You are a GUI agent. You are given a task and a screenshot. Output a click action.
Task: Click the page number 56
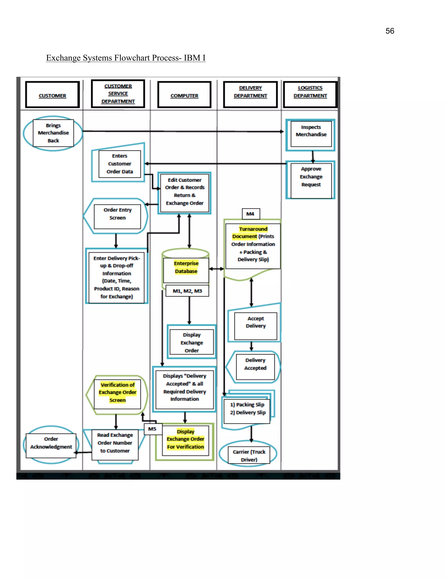[x=390, y=31]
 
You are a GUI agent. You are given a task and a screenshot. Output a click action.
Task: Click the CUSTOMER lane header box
[x=52, y=95]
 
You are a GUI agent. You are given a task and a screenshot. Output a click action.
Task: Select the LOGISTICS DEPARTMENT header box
[x=310, y=94]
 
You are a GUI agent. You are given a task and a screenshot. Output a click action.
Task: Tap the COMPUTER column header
[x=184, y=95]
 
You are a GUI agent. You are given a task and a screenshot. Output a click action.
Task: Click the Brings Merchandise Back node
[x=53, y=133]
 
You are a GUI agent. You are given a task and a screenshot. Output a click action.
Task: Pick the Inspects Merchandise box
[x=311, y=134]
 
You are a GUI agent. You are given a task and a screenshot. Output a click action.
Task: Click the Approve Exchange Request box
[x=311, y=180]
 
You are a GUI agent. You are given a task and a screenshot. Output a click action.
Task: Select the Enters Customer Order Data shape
[x=119, y=164]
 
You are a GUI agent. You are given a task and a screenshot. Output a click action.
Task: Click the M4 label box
[x=251, y=214]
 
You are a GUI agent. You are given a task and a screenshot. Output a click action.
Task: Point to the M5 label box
[x=153, y=429]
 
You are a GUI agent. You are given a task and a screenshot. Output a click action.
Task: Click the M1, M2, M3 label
[x=187, y=291]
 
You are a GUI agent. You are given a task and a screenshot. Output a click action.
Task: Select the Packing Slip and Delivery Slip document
[x=247, y=409]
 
